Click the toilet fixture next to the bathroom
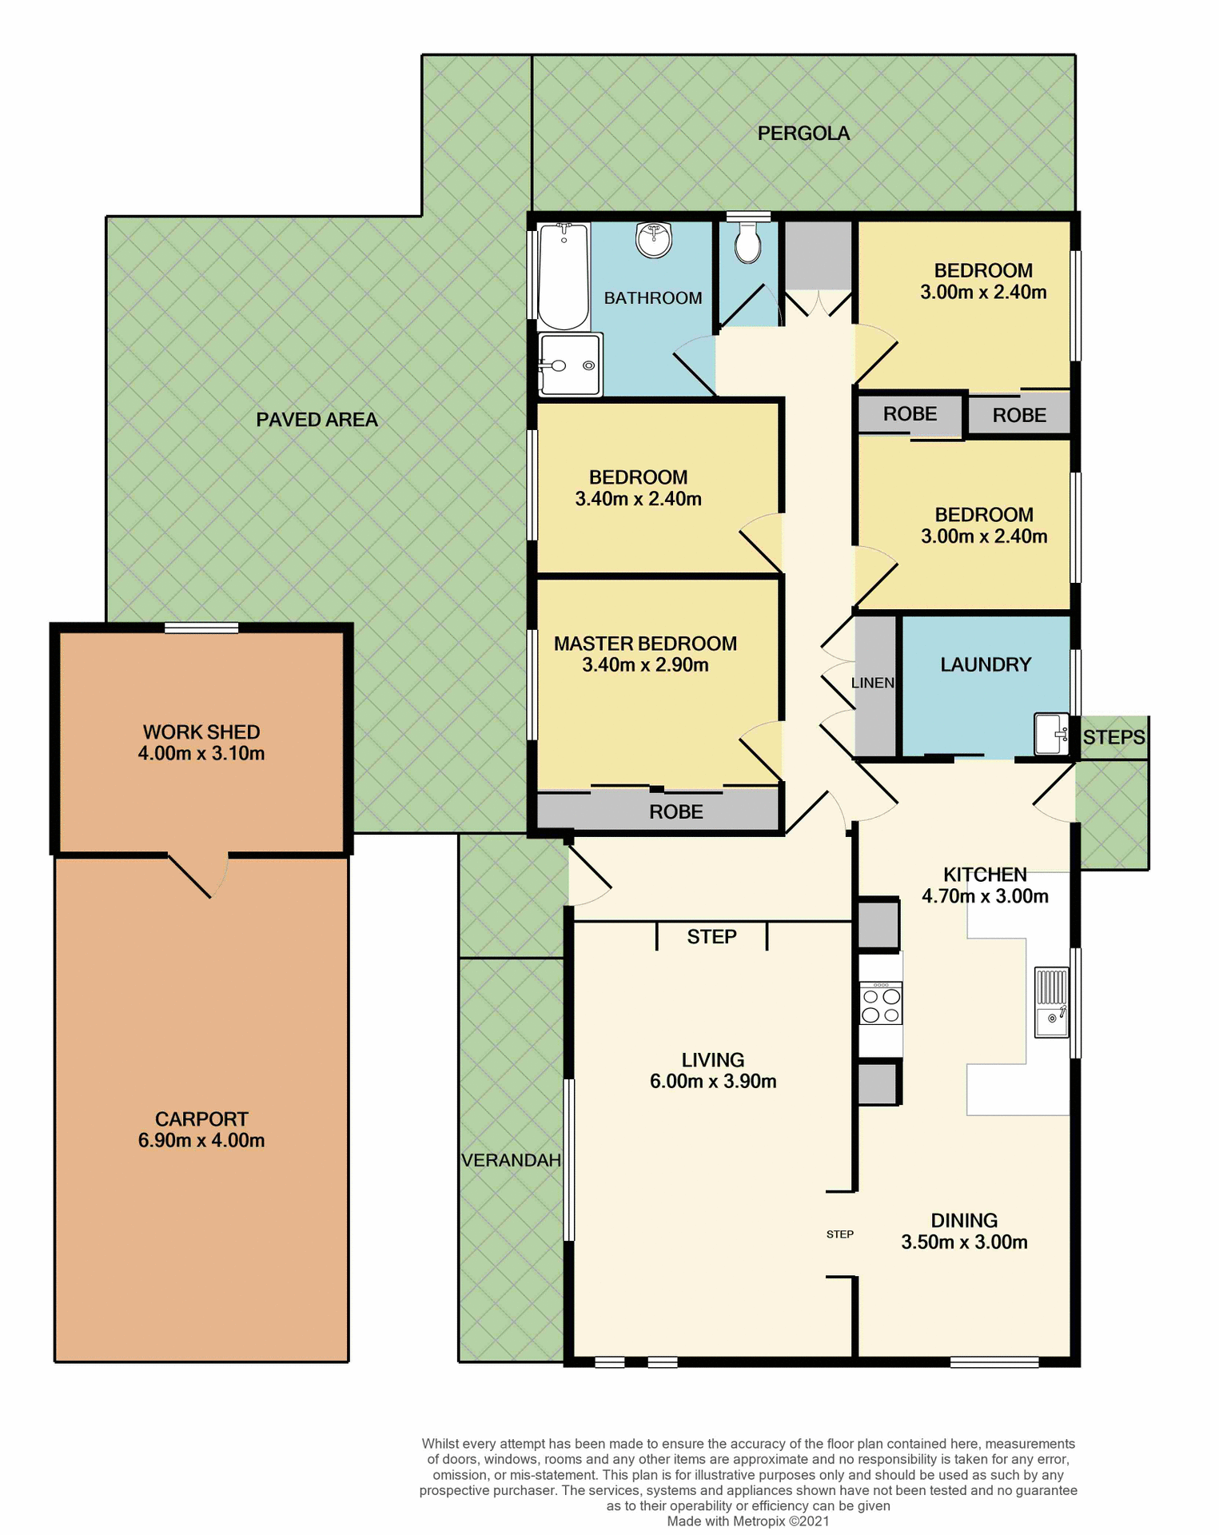click(x=748, y=241)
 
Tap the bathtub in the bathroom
click(x=564, y=276)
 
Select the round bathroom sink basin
click(x=654, y=239)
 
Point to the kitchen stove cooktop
click(x=881, y=1004)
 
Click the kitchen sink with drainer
click(x=1051, y=1003)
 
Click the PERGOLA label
click(x=803, y=134)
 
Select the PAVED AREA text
click(x=317, y=420)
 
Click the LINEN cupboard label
click(x=873, y=683)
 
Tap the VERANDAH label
click(x=512, y=1160)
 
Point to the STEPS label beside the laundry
click(x=1113, y=737)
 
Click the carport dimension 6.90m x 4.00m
click(x=201, y=1141)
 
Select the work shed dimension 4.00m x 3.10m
click(x=201, y=753)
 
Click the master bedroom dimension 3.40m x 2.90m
click(x=645, y=665)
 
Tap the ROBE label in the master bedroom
click(x=676, y=812)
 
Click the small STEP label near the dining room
click(x=840, y=1234)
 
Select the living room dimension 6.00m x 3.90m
click(x=713, y=1082)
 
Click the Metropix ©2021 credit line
click(x=748, y=1521)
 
